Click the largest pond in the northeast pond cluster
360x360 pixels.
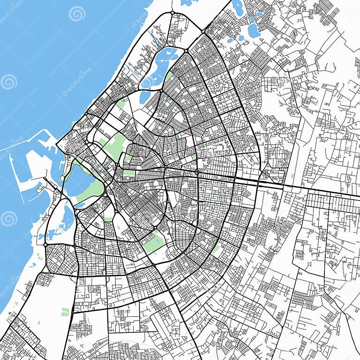pyautogui.click(x=253, y=30)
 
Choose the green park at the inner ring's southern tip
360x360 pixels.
pyautogui.click(x=153, y=243)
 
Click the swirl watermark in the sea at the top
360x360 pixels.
pyautogui.click(x=77, y=14)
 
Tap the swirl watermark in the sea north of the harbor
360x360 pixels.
pyautogui.click(x=8, y=82)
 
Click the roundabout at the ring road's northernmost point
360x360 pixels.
pyautogui.click(x=172, y=13)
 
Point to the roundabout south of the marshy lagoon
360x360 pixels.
pyautogui.click(x=45, y=244)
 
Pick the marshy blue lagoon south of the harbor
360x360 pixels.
pyautogui.click(x=66, y=220)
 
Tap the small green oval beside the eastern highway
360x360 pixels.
pyautogui.click(x=292, y=176)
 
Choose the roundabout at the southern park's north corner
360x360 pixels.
pyautogui.click(x=155, y=228)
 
